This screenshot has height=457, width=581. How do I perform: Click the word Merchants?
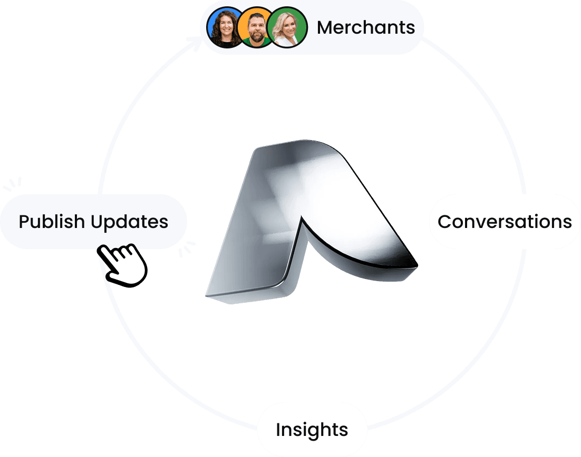tap(366, 27)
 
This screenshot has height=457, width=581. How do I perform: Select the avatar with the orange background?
tap(256, 27)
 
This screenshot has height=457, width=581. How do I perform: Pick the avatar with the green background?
tap(287, 27)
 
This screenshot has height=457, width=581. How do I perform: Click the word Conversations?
tap(505, 222)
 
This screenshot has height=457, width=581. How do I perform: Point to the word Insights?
tap(312, 430)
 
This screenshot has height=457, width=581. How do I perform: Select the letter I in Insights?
tap(278, 430)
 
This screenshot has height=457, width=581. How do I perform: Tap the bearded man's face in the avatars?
tap(256, 27)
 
